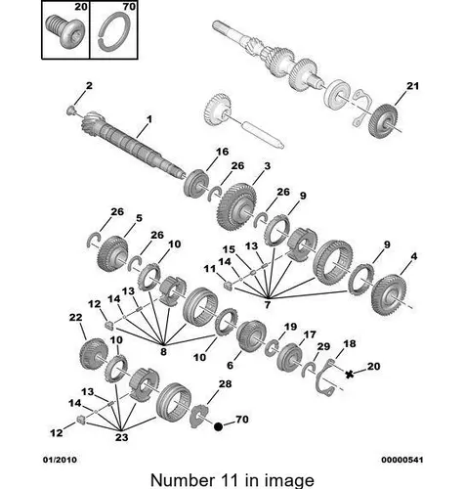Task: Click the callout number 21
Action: [x=412, y=86]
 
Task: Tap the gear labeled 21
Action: [x=383, y=121]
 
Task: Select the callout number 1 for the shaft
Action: [x=149, y=119]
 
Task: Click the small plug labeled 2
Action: [x=70, y=111]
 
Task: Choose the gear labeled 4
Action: [x=389, y=294]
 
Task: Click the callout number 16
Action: [x=223, y=152]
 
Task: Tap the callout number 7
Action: [x=268, y=305]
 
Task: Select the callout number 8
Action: [x=163, y=351]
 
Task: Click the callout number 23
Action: [x=121, y=437]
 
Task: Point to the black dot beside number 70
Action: [x=218, y=426]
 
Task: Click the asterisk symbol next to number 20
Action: [x=350, y=375]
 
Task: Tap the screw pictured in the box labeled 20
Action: [x=64, y=31]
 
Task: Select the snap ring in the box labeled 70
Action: [x=113, y=32]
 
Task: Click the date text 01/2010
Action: [x=60, y=460]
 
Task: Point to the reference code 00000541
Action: [x=402, y=460]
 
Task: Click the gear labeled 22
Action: [x=94, y=354]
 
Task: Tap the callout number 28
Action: [x=225, y=384]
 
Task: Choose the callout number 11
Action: [x=210, y=269]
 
